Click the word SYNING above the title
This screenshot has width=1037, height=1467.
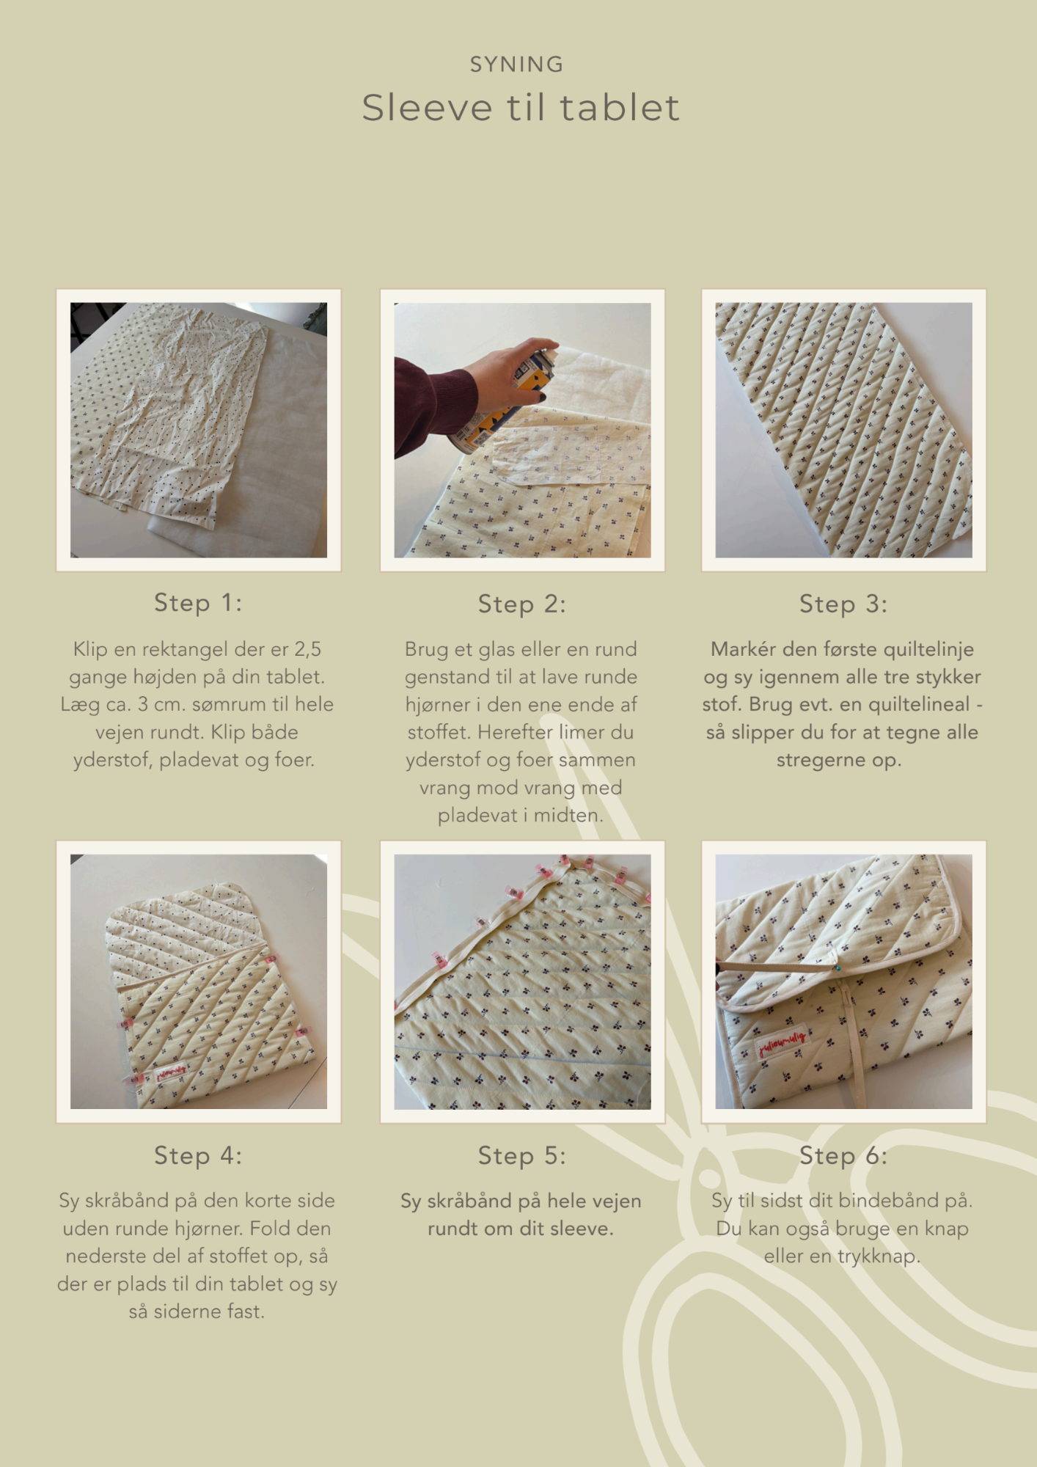[517, 65]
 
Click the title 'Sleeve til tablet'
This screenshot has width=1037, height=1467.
[521, 108]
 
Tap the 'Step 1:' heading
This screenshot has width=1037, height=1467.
[198, 603]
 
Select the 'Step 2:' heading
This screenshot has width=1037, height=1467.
[522, 604]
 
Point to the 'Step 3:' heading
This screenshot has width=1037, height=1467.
[843, 604]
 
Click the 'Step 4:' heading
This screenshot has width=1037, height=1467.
[198, 1156]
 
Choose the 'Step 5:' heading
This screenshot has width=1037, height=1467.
[522, 1156]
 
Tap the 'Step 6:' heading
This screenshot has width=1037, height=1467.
[843, 1156]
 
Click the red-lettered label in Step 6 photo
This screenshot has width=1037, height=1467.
[783, 1041]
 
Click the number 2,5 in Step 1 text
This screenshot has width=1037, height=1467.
[308, 649]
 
